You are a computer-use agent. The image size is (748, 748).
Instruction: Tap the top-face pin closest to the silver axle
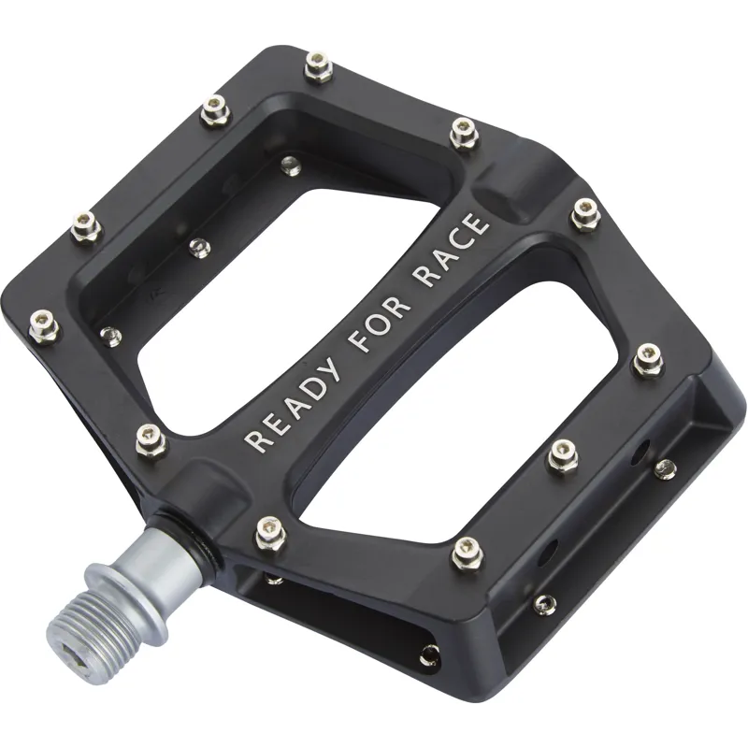[x=269, y=528]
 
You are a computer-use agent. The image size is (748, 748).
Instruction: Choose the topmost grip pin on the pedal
[x=319, y=65]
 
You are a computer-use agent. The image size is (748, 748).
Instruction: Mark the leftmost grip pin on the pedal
[x=43, y=325]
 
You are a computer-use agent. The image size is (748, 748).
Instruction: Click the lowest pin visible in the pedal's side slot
[x=428, y=654]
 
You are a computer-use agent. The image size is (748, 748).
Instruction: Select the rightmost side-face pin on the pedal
[x=665, y=467]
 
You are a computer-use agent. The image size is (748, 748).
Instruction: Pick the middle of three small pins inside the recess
[x=199, y=247]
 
